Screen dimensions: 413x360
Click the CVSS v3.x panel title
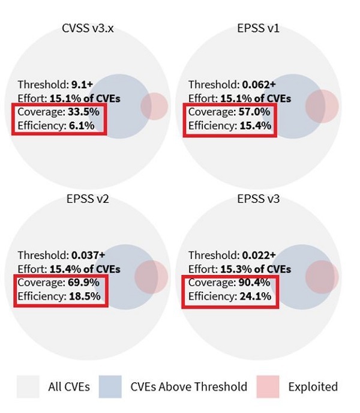89,28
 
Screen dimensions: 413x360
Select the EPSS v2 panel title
89,199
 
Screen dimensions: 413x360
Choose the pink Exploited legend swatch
268,387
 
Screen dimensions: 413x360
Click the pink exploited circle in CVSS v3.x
155,106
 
